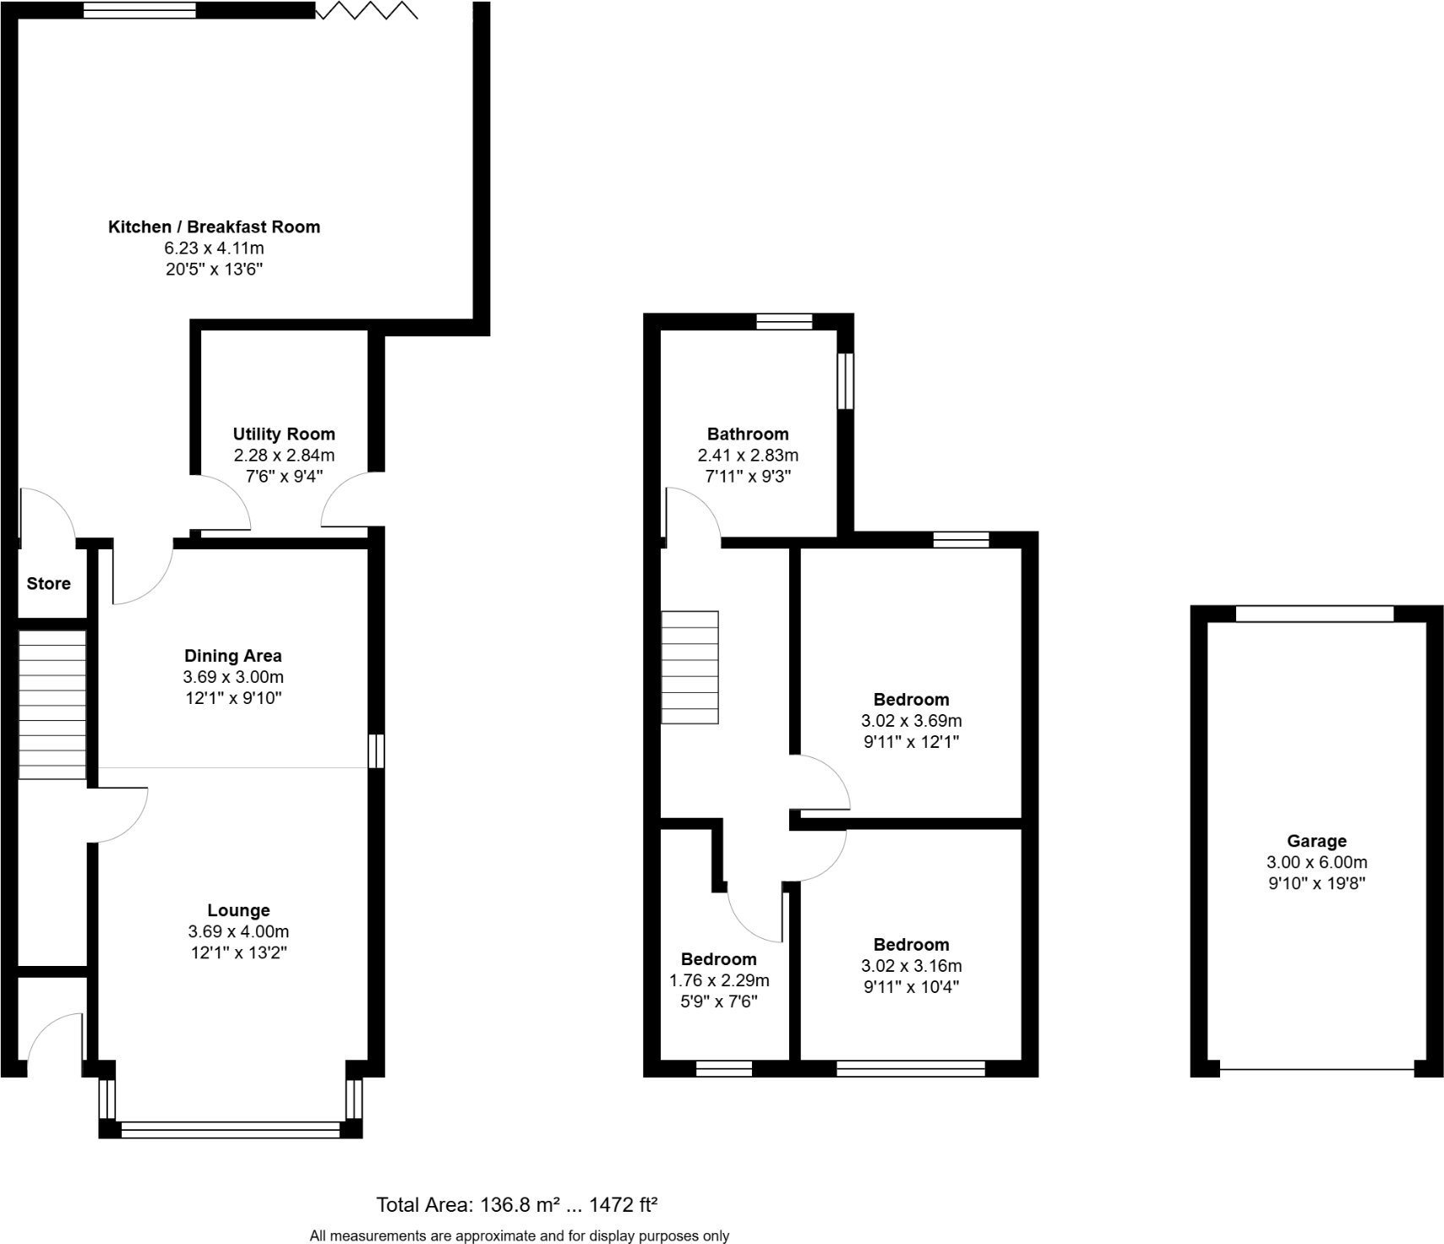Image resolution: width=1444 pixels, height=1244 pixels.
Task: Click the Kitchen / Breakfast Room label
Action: coord(214,226)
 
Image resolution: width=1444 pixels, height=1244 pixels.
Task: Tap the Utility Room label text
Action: coord(284,434)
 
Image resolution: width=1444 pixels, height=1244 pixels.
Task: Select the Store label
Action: coord(48,583)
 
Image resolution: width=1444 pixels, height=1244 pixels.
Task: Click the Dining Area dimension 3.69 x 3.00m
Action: coord(233,677)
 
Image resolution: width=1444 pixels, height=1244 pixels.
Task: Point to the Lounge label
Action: coord(238,910)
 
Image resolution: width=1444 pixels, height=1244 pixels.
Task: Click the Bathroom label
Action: coord(748,434)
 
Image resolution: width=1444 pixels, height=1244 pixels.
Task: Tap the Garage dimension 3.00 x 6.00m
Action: coord(1316,863)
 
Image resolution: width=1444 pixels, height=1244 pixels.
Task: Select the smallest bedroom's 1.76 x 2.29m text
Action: coord(719,980)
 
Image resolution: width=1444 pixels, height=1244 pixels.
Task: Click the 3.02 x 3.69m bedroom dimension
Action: coord(911,721)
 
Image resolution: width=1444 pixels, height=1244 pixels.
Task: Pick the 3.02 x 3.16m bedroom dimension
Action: coord(911,966)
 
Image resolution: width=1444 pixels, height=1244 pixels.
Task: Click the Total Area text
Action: coord(516,1204)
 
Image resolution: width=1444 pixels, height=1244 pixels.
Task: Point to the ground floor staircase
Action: coord(52,704)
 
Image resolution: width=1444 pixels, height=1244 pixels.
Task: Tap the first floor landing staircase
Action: coord(689,667)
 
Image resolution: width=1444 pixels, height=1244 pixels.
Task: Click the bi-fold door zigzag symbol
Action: coord(366,11)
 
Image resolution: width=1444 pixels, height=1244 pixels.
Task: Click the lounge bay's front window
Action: coord(231,1129)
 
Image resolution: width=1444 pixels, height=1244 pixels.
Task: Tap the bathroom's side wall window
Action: coord(845,381)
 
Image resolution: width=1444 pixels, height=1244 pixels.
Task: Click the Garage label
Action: coord(1316,841)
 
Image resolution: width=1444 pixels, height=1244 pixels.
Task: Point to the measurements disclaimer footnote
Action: coord(519,1236)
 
